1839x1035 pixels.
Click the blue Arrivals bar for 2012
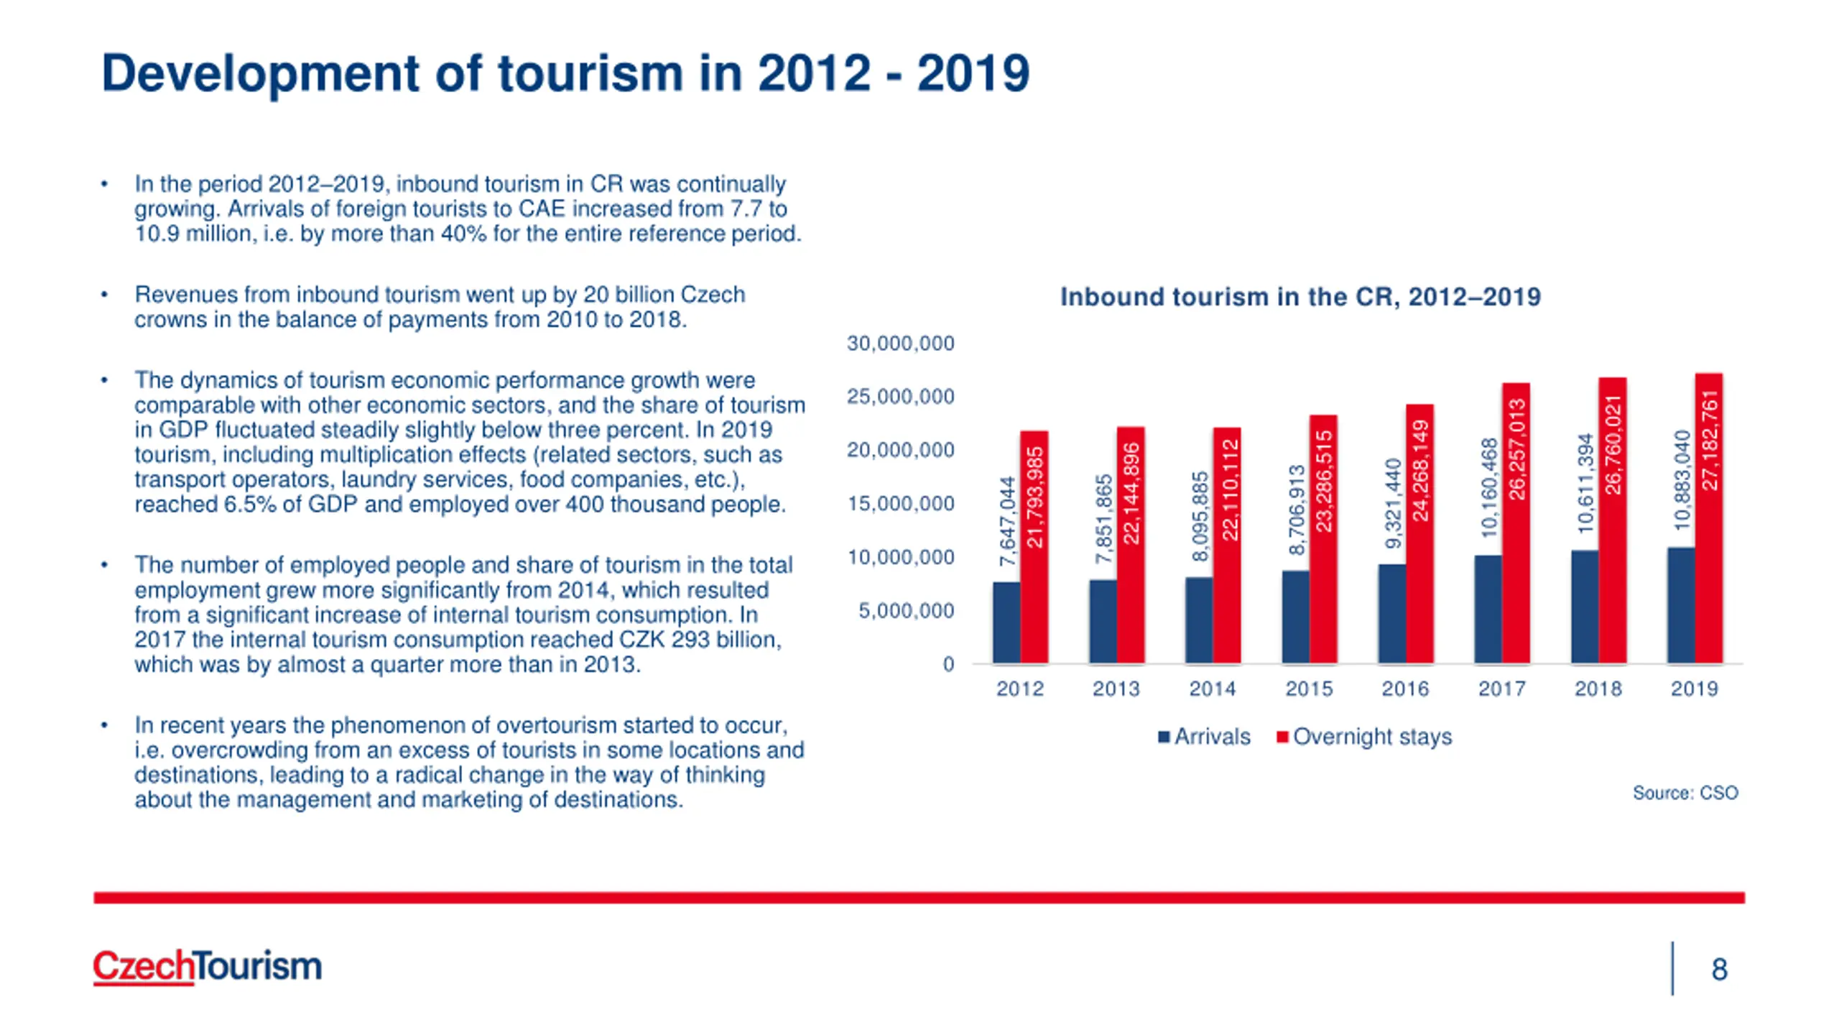1006,622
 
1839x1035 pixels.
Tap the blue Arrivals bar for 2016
1391,614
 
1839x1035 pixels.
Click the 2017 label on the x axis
1501,689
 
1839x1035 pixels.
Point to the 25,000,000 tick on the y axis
900,397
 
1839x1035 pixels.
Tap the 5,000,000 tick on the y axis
906,611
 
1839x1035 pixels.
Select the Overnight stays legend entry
1364,737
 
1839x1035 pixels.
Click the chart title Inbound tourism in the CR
1300,297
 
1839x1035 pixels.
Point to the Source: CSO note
1685,793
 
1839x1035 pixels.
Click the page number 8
1719,970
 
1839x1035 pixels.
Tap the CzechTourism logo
207,966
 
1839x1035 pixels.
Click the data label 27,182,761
1710,440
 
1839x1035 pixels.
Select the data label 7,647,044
1007,521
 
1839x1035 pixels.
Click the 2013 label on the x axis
1116,689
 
